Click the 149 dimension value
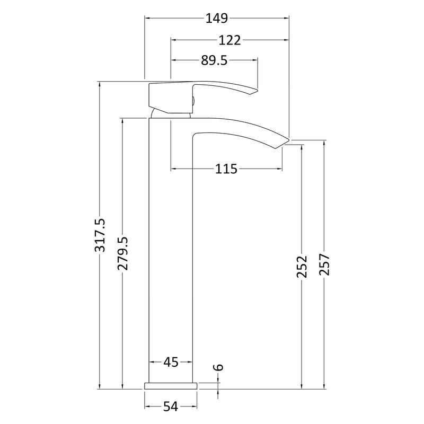tap(217, 19)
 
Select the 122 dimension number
tap(229, 40)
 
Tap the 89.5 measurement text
tap(214, 60)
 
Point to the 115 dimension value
tap(226, 169)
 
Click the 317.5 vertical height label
tap(100, 235)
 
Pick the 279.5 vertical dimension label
tap(122, 253)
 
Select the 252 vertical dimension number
tap(302, 267)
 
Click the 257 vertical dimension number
tap(324, 264)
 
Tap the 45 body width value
tap(171, 362)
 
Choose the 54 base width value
tap(171, 407)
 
